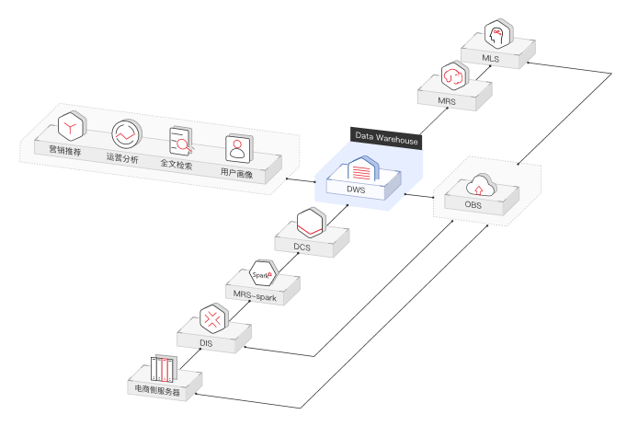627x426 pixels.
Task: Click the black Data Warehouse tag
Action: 387,140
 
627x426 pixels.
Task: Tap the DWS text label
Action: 356,190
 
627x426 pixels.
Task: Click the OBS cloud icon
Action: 481,188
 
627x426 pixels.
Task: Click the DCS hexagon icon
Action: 313,222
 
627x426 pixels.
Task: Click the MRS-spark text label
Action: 254,296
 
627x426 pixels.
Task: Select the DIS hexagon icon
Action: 213,320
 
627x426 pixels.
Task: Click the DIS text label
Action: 206,343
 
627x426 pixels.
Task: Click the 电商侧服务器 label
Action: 157,392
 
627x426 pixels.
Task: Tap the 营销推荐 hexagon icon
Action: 71,125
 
